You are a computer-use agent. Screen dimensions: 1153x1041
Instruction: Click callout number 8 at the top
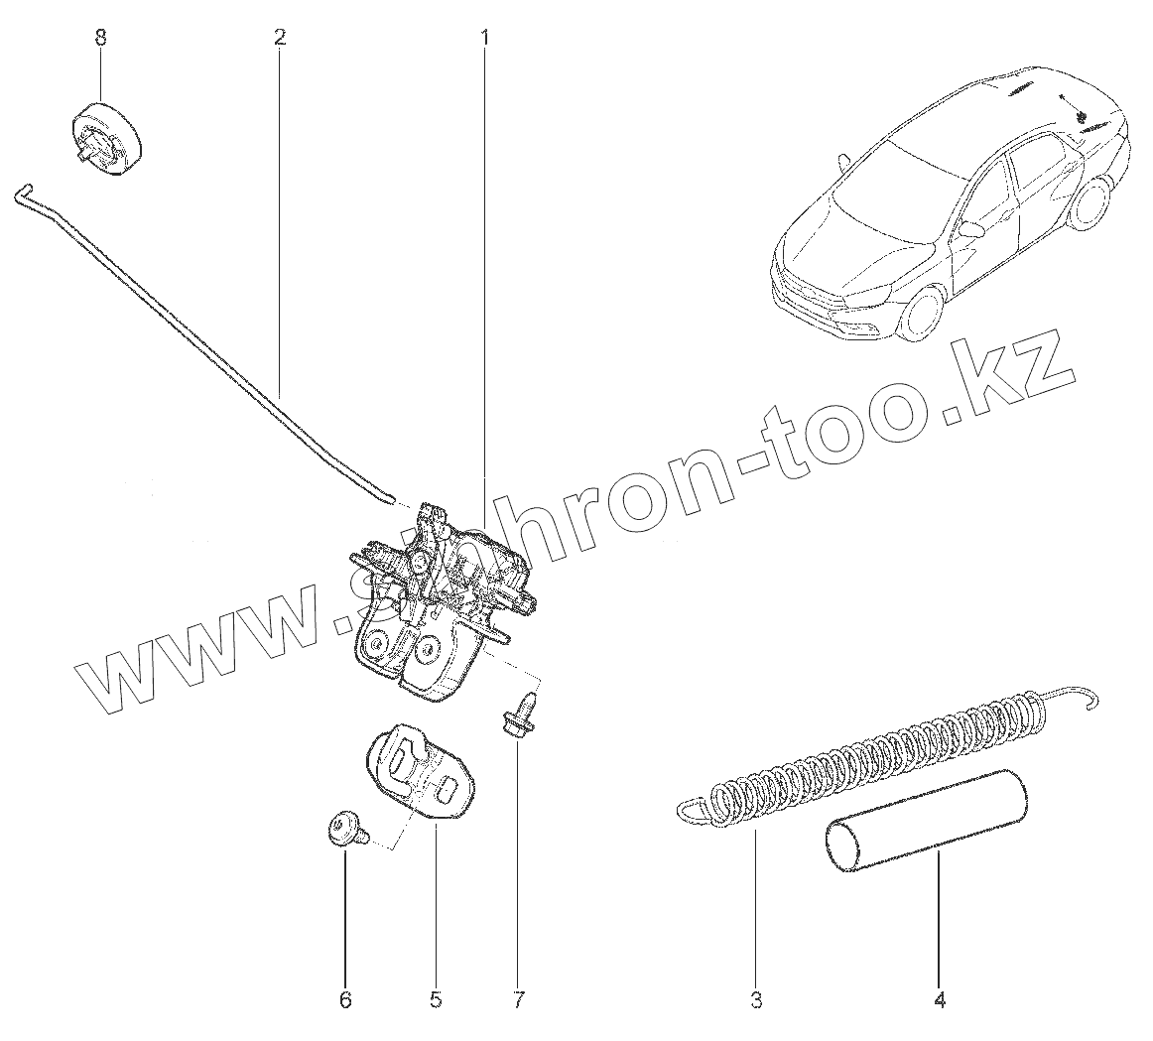click(99, 38)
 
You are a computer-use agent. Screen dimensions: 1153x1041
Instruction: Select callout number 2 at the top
click(280, 38)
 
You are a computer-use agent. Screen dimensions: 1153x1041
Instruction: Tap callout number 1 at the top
click(484, 38)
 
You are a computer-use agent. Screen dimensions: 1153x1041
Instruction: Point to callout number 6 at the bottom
click(345, 1000)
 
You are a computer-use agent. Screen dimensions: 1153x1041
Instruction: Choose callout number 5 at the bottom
click(435, 1000)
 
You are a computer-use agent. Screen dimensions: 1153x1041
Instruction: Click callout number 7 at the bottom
click(518, 1000)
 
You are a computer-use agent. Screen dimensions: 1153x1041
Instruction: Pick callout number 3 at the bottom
click(756, 1000)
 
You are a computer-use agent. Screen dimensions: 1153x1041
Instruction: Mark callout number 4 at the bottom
click(940, 1000)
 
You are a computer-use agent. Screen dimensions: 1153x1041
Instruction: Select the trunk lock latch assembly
click(437, 605)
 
